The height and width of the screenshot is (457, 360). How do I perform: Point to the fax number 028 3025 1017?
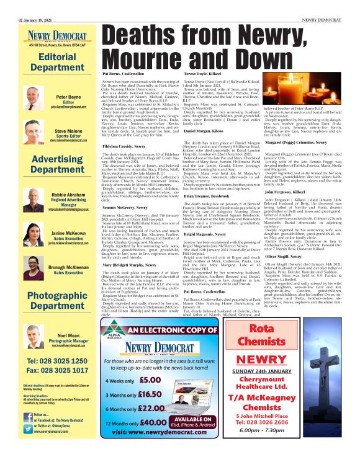point(49,370)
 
